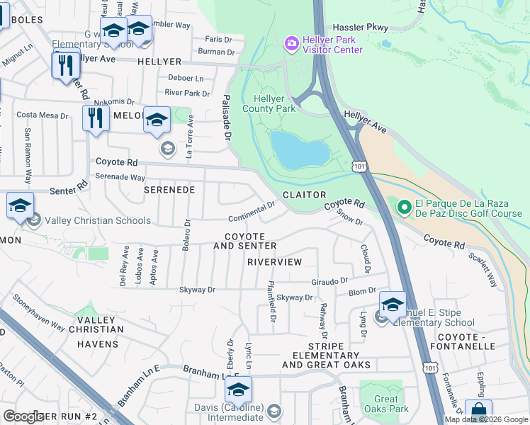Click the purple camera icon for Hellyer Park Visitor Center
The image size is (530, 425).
(x=291, y=45)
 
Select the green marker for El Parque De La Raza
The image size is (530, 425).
(x=404, y=207)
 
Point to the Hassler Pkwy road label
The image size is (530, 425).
(x=361, y=27)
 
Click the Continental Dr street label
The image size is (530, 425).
(x=252, y=212)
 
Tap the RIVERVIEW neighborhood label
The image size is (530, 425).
(x=274, y=262)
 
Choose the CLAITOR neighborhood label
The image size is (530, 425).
(x=304, y=195)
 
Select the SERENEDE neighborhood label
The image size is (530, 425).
(x=169, y=191)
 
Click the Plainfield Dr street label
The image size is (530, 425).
(x=271, y=304)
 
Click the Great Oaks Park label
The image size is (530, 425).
(x=381, y=404)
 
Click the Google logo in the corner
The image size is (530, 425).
(x=23, y=416)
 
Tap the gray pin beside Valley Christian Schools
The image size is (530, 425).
(x=33, y=220)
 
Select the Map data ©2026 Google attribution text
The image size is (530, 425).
(x=486, y=419)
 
